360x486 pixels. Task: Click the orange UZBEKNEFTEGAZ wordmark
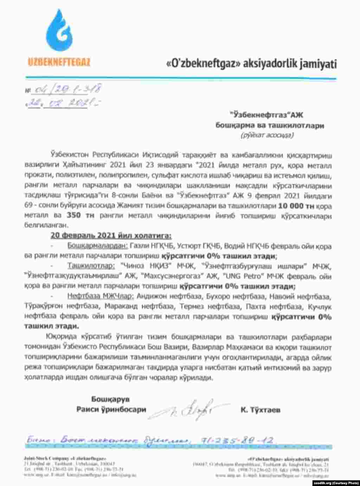pyautogui.click(x=59, y=63)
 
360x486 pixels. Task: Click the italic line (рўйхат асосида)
pyautogui.click(x=267, y=135)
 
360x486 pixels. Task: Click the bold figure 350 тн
pyautogui.click(x=80, y=215)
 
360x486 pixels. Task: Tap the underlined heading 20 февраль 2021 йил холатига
pyautogui.click(x=111, y=235)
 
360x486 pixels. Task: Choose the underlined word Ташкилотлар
pyautogui.click(x=91, y=266)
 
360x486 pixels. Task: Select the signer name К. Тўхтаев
pyautogui.click(x=261, y=410)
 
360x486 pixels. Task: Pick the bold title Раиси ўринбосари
pyautogui.click(x=111, y=409)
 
